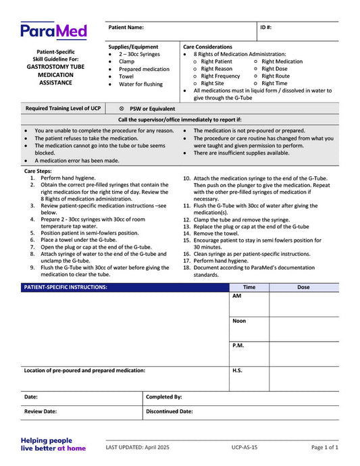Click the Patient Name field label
pos(126,28)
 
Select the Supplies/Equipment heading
pos(133,47)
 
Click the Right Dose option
pos(274,69)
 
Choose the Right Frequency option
pos(220,76)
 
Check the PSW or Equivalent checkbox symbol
pos(122,108)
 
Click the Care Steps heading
pos(37,172)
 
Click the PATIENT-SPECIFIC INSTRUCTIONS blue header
pos(66,287)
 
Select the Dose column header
pos(303,287)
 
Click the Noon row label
pos(239,321)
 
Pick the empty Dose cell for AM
pos(303,304)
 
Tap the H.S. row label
pos(237,370)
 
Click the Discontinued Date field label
pos(170,411)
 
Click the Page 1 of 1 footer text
pos(325,447)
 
